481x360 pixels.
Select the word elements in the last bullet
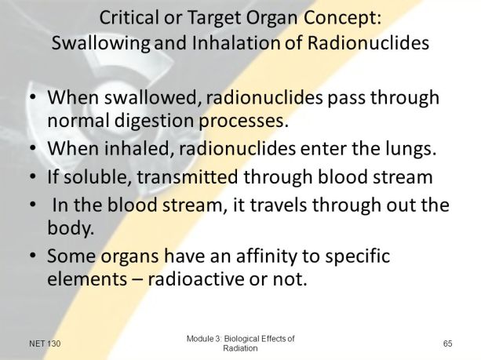point(84,279)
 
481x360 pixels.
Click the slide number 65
point(448,344)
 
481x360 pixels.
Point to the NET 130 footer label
point(46,344)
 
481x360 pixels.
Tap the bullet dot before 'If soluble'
point(31,177)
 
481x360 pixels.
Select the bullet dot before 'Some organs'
point(31,256)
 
